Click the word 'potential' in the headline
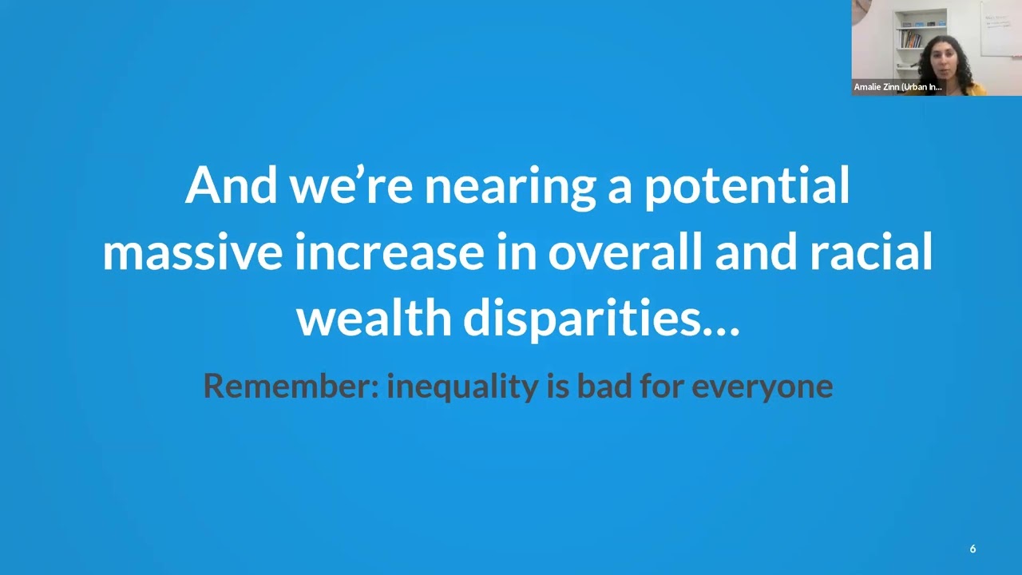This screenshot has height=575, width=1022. [x=747, y=187]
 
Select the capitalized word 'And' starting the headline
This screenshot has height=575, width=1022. [x=231, y=184]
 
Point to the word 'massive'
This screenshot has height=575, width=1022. [x=192, y=252]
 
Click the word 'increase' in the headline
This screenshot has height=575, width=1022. [x=389, y=252]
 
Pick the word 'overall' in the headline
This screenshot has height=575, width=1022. [x=624, y=251]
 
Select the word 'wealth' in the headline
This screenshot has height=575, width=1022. [x=374, y=316]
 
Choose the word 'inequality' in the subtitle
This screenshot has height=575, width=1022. [x=462, y=387]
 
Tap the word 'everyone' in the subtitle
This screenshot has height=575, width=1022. [x=763, y=388]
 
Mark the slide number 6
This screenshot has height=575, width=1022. [x=972, y=549]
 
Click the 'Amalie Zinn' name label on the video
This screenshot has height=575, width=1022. [x=898, y=87]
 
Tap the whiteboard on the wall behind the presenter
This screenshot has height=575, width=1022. [x=1001, y=28]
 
